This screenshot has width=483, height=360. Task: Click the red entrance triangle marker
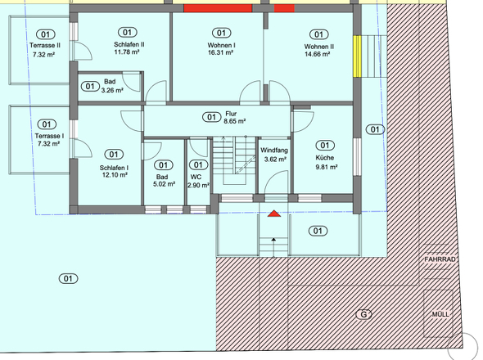pyautogui.click(x=274, y=214)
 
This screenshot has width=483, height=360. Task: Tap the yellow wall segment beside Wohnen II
pyautogui.click(x=357, y=56)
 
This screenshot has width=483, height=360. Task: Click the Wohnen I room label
pyautogui.click(x=221, y=45)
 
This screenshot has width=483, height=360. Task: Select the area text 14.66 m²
pyautogui.click(x=318, y=54)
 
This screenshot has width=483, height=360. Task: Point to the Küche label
pyautogui.click(x=325, y=158)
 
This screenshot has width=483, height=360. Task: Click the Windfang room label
pyautogui.click(x=274, y=151)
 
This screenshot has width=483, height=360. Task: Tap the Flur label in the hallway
pyautogui.click(x=231, y=114)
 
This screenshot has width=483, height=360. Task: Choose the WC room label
pyautogui.click(x=196, y=177)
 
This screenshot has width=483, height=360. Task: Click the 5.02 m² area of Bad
pyautogui.click(x=165, y=184)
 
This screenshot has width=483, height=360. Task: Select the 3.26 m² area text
pyautogui.click(x=112, y=90)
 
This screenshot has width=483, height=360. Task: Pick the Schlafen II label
pyautogui.click(x=129, y=44)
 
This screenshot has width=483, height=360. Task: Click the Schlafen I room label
pyautogui.click(x=114, y=168)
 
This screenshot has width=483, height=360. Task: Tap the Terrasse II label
pyautogui.click(x=45, y=45)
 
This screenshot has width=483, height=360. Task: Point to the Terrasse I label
pyautogui.click(x=49, y=136)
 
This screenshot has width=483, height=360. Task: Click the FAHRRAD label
pyautogui.click(x=440, y=259)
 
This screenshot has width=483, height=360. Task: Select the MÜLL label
pyautogui.click(x=440, y=314)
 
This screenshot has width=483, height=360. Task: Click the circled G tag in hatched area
pyautogui.click(x=363, y=314)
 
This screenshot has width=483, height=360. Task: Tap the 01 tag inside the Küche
pyautogui.click(x=325, y=146)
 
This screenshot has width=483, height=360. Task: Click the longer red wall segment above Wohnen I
pyautogui.click(x=218, y=8)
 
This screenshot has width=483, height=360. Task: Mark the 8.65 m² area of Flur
pyautogui.click(x=235, y=121)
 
